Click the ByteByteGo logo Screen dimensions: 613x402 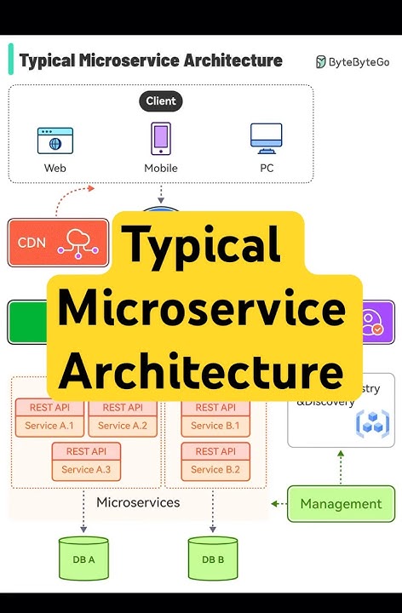coord(353,61)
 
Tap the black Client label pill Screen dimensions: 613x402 coord(160,100)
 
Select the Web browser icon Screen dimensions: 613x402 coord(55,140)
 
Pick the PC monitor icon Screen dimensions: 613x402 coord(266,139)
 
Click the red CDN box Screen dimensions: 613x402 coord(58,243)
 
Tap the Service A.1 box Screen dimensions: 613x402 coord(49,417)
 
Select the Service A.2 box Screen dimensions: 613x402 coord(123,417)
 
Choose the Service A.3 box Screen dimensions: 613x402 coord(86,461)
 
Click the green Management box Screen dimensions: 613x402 coord(341,503)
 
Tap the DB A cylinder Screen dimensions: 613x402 coord(84,559)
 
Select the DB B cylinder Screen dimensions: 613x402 coord(212,559)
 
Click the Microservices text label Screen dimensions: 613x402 coord(138,502)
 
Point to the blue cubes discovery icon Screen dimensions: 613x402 coord(371,421)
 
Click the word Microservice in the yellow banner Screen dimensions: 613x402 coord(201,310)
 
